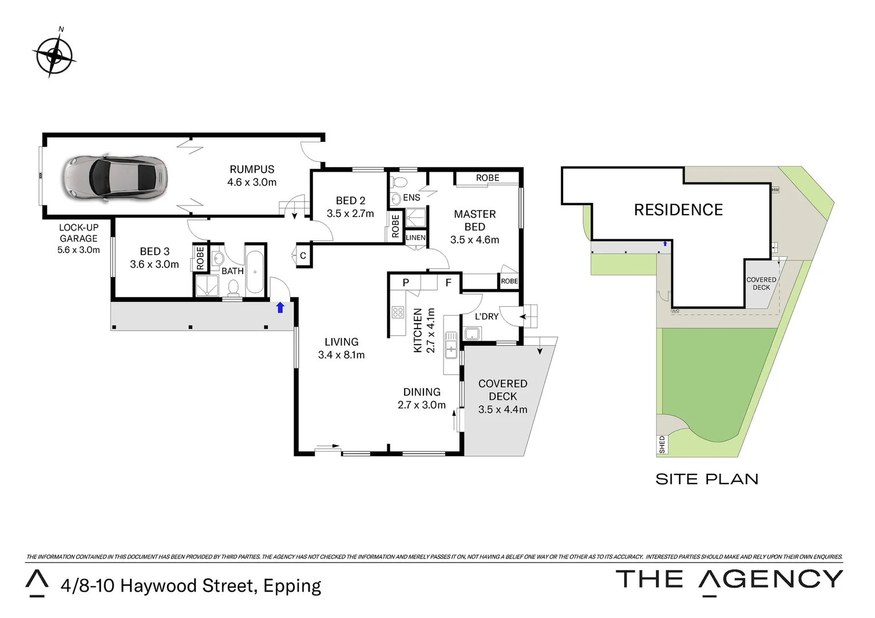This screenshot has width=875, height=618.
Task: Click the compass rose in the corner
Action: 54,56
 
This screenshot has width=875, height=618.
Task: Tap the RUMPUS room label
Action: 252,169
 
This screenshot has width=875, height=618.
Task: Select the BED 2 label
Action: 350,201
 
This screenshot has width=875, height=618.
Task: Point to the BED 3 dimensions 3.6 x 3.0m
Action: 155,264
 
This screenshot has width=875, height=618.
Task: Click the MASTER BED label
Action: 474,220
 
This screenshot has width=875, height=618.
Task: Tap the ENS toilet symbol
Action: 399,183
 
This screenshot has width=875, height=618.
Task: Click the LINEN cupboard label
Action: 415,237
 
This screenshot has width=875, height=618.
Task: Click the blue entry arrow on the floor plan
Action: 280,308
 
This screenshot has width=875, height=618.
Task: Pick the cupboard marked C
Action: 303,256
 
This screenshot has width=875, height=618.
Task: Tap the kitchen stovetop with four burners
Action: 398,312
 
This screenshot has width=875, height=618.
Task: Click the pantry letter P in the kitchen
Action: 406,283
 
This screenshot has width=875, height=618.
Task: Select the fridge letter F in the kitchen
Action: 448,283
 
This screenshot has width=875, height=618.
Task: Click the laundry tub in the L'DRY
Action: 472,334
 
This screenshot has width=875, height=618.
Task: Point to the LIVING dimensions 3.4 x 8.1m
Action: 341,355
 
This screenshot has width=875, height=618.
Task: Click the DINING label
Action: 422,392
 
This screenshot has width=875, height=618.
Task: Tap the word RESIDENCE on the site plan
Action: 678,210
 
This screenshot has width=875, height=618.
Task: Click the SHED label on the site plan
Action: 662,445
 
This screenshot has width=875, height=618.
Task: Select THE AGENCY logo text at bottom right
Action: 729,580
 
